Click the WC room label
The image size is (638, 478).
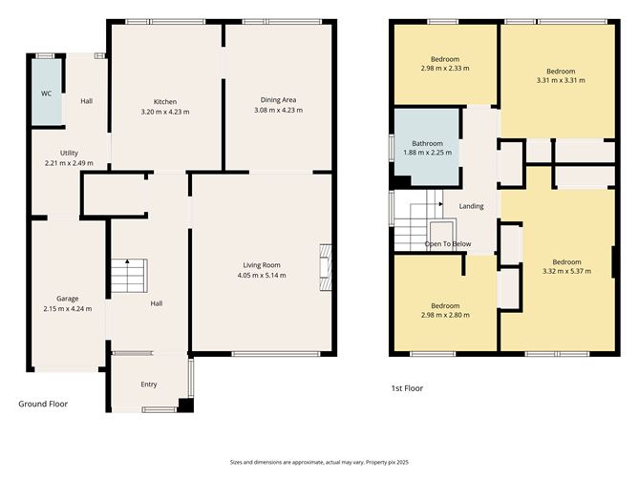click(45, 94)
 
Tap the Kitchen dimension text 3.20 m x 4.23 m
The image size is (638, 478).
click(166, 112)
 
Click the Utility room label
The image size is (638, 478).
click(69, 153)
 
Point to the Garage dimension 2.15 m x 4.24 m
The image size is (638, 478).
click(68, 308)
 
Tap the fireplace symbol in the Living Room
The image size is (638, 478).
click(325, 265)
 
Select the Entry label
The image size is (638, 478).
click(148, 384)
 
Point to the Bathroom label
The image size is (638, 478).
click(427, 143)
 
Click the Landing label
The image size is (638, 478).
click(471, 206)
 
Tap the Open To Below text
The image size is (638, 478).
click(448, 244)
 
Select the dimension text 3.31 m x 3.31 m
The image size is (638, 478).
click(561, 81)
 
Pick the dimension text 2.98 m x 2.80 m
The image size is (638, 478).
click(445, 315)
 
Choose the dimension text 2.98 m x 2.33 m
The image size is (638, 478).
click(445, 68)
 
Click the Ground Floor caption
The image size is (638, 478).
click(43, 404)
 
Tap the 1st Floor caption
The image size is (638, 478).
click(407, 388)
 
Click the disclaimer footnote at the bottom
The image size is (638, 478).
click(319, 461)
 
